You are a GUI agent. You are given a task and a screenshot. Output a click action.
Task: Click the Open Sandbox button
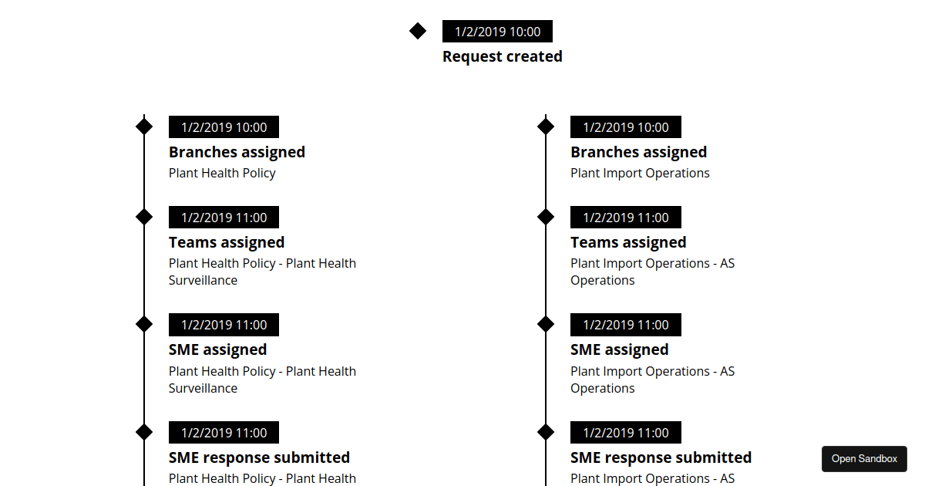(864, 459)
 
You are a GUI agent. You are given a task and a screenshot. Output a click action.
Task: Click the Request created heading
(502, 56)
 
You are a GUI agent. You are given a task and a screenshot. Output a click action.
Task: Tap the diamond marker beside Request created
(418, 31)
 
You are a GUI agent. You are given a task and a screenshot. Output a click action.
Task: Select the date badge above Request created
(497, 32)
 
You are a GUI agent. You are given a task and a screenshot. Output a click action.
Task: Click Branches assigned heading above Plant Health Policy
(237, 152)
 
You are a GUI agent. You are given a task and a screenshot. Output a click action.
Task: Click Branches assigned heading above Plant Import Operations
(638, 152)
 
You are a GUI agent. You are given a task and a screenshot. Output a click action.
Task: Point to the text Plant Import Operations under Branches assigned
(640, 173)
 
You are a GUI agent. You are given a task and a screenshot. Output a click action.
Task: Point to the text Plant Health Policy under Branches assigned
(222, 173)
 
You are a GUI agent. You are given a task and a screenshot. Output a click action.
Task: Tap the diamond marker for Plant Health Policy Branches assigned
(144, 127)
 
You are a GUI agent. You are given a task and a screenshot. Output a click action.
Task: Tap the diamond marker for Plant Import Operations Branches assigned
(546, 127)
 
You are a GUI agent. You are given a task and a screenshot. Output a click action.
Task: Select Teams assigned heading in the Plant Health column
(227, 242)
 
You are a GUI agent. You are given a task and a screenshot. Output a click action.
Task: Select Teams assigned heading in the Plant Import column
(628, 242)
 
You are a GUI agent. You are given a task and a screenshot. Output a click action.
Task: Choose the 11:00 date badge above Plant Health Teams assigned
(224, 218)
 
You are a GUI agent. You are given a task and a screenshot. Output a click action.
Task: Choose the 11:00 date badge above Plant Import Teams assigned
(625, 218)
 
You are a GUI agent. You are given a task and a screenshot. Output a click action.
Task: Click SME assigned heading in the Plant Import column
(619, 349)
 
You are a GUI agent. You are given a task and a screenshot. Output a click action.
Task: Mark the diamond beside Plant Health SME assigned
(144, 324)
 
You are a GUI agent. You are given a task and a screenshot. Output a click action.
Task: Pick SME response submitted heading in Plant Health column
(259, 457)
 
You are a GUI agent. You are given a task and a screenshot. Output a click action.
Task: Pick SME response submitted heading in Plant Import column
(661, 457)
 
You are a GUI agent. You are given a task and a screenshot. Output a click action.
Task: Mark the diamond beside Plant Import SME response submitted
(546, 432)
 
